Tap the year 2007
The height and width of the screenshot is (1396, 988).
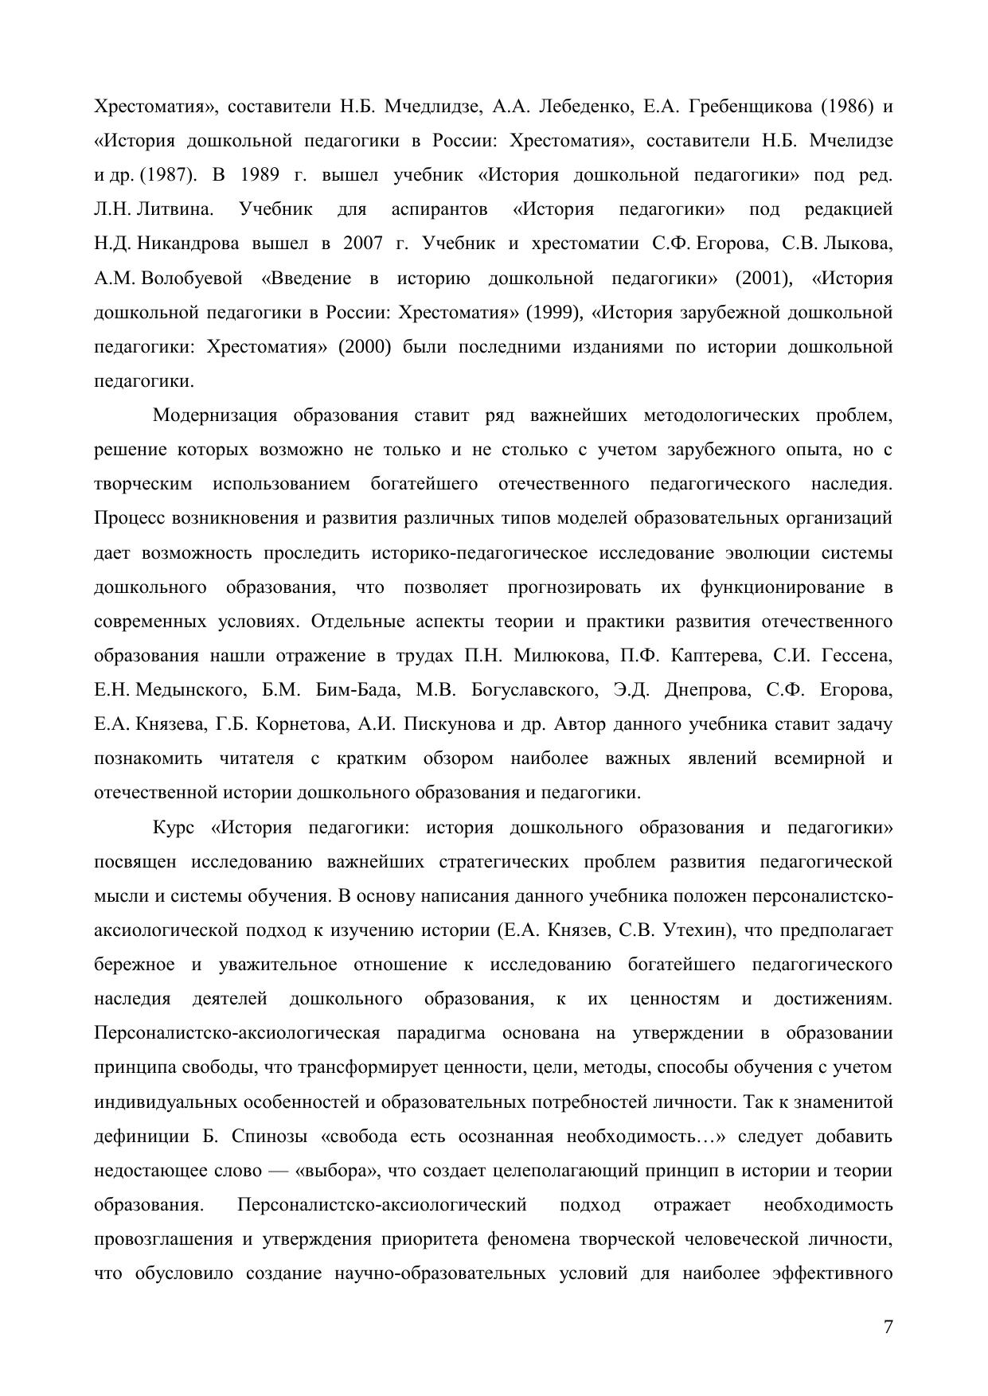click(364, 244)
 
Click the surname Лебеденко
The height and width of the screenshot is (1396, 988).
click(580, 106)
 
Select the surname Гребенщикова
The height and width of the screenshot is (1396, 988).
click(750, 106)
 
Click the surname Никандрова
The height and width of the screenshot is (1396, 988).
click(188, 244)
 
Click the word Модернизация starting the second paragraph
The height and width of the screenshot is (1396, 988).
click(214, 415)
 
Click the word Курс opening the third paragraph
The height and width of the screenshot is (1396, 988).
click(173, 828)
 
